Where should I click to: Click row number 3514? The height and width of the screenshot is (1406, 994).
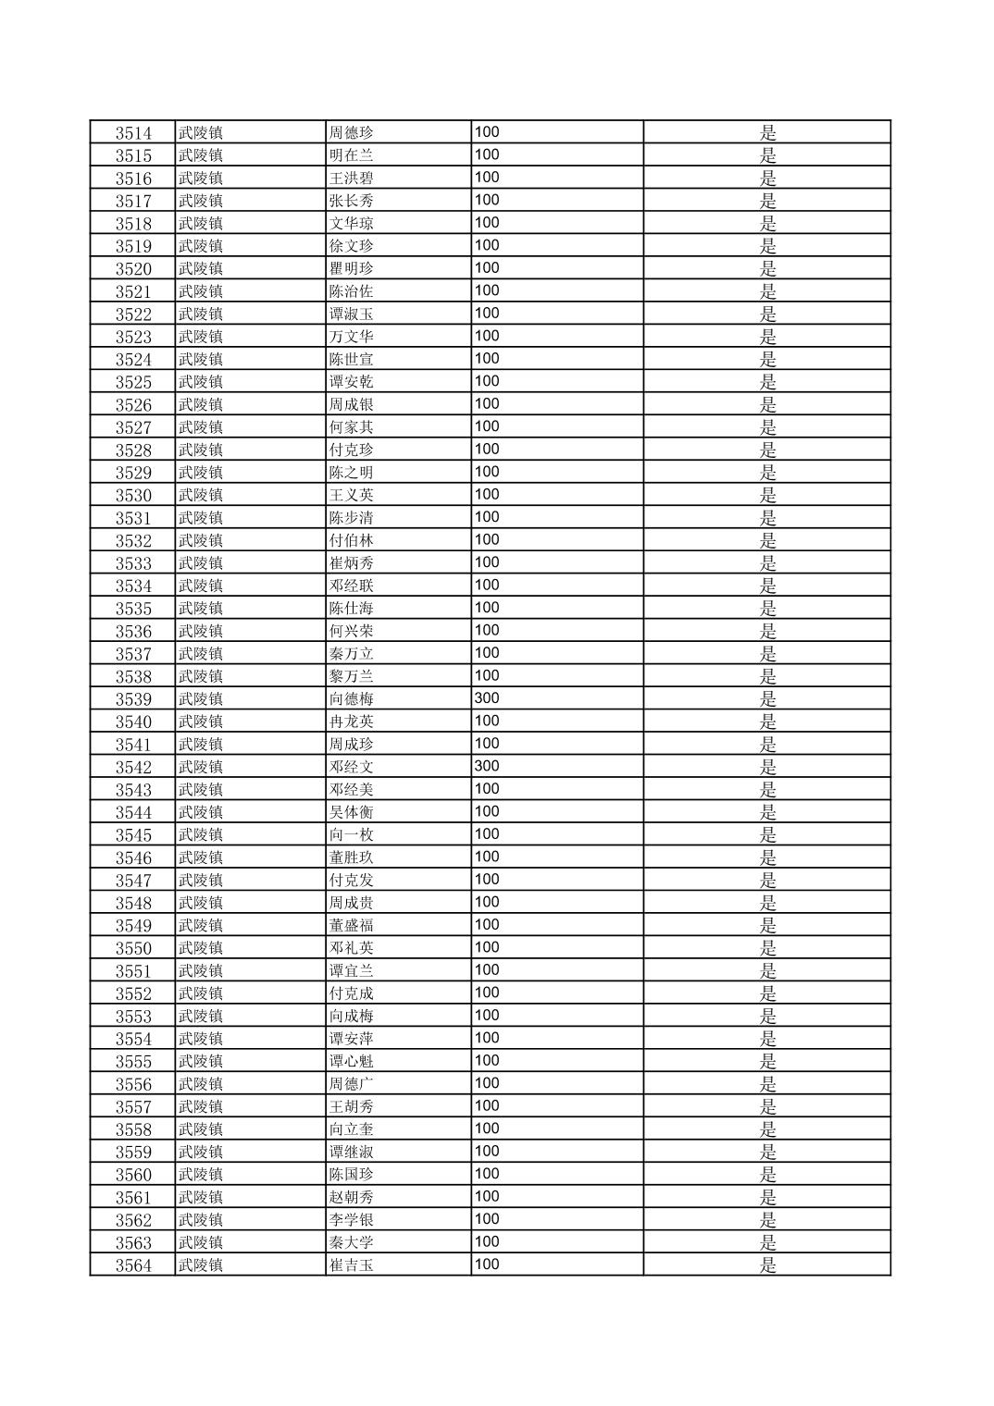click(x=133, y=132)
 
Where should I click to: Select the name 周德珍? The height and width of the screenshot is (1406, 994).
click(x=352, y=132)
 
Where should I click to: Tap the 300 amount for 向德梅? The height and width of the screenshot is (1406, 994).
click(x=487, y=698)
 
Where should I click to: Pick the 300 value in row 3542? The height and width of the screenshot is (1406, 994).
click(x=487, y=766)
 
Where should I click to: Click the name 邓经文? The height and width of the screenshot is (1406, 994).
click(x=352, y=767)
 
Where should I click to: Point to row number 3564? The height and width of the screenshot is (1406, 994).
click(x=133, y=1265)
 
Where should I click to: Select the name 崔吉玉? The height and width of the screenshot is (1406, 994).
click(x=352, y=1265)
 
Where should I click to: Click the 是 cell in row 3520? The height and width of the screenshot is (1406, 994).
click(x=767, y=268)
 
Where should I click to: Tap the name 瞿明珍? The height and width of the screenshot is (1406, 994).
click(x=352, y=268)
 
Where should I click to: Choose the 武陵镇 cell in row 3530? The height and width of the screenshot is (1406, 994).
click(x=201, y=495)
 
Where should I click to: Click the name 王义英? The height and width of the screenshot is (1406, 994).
click(x=352, y=495)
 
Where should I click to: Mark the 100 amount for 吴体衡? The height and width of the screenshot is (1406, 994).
click(x=487, y=811)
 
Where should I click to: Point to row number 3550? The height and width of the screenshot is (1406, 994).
click(x=133, y=948)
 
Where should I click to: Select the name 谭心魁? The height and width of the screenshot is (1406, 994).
click(x=352, y=1061)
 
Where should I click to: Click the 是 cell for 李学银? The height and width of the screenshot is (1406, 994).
click(x=767, y=1220)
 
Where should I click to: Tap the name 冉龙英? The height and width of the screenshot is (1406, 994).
click(x=352, y=721)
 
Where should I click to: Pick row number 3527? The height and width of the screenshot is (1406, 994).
click(x=133, y=427)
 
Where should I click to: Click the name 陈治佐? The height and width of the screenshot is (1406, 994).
click(x=352, y=291)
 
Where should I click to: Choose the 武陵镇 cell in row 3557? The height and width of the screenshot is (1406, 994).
click(x=201, y=1106)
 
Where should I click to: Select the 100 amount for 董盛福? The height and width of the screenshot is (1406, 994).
click(x=487, y=925)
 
